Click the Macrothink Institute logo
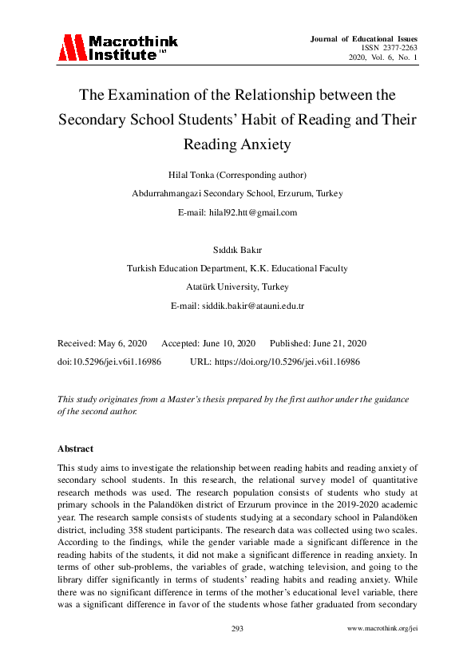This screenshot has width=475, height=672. (117, 48)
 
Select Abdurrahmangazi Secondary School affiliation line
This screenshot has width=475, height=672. (237, 193)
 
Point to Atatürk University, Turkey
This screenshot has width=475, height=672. (237, 287)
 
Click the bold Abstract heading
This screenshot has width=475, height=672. (75, 449)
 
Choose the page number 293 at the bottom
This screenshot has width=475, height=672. (237, 630)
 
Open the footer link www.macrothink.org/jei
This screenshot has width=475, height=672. (382, 630)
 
